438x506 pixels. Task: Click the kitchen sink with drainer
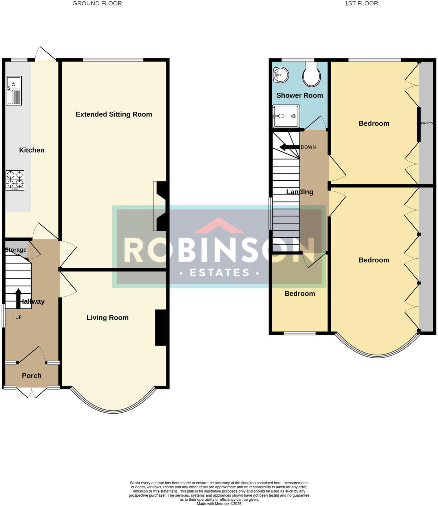pyautogui.click(x=14, y=90)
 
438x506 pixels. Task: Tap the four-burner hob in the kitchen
pyautogui.click(x=15, y=180)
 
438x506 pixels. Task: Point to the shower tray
pyautogui.click(x=286, y=116)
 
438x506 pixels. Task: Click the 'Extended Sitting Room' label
pyautogui.click(x=114, y=114)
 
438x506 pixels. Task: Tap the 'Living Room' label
pyautogui.click(x=107, y=318)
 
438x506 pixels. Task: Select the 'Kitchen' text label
pyautogui.click(x=32, y=150)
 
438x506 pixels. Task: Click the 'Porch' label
pyautogui.click(x=32, y=376)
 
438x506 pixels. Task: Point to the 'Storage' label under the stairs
pyautogui.click(x=16, y=250)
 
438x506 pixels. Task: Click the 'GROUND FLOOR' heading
pyautogui.click(x=97, y=4)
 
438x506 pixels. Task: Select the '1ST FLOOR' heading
pyautogui.click(x=361, y=4)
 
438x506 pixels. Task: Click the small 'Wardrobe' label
pyautogui.click(x=426, y=123)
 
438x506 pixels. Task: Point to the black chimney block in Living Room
pyautogui.click(x=160, y=328)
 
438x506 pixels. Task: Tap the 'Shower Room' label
pyautogui.click(x=300, y=95)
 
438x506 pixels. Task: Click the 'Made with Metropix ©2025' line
pyautogui.click(x=219, y=504)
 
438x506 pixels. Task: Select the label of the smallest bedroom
pyautogui.click(x=300, y=294)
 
